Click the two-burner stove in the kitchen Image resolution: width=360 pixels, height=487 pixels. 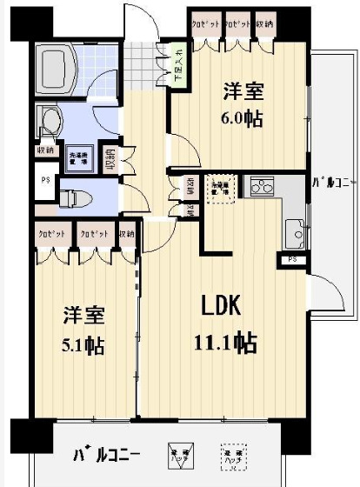(x=260, y=186)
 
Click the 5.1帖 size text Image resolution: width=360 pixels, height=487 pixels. (x=83, y=346)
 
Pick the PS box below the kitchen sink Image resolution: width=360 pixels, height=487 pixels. (x=292, y=259)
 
